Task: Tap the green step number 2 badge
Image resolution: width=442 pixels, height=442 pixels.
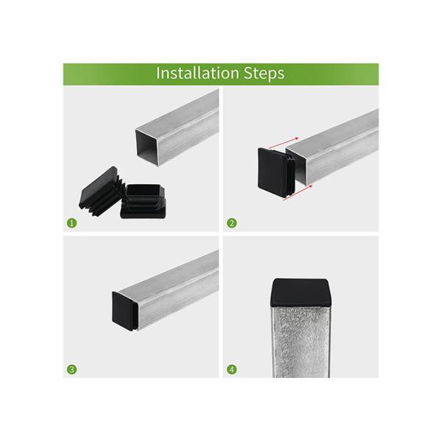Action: pyautogui.click(x=232, y=222)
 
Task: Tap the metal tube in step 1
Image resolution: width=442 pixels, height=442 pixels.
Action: pyautogui.click(x=184, y=122)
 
